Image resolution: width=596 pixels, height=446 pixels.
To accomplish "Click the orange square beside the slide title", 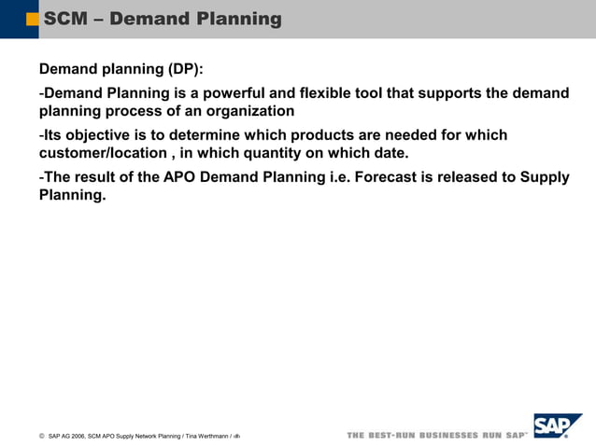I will (x=33, y=19).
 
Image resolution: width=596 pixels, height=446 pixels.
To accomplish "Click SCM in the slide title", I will (x=64, y=19).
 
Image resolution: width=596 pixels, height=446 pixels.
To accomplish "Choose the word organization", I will (x=247, y=111).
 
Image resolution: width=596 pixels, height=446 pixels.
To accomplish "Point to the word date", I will (x=390, y=153).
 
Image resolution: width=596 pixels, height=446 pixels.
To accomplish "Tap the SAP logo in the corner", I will (x=558, y=426).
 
